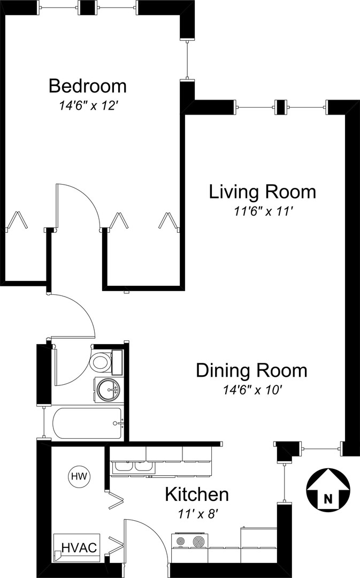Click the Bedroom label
click(88, 86)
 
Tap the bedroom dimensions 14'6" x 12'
click(88, 106)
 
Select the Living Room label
click(262, 192)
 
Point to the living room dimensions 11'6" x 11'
click(263, 211)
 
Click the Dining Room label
click(251, 370)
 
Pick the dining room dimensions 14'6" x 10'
click(252, 390)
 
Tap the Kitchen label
click(197, 495)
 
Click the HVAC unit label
click(79, 547)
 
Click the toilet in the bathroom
click(101, 362)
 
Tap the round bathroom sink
click(108, 390)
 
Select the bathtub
click(87, 423)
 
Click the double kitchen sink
click(133, 466)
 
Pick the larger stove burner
click(200, 542)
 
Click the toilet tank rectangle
click(117, 362)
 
